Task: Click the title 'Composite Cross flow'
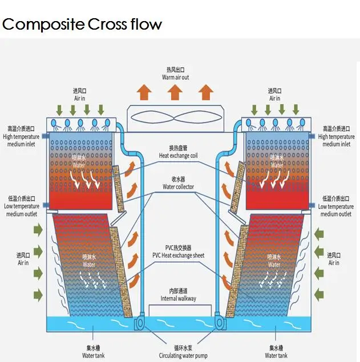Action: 82,25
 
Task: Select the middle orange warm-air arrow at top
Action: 176,91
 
